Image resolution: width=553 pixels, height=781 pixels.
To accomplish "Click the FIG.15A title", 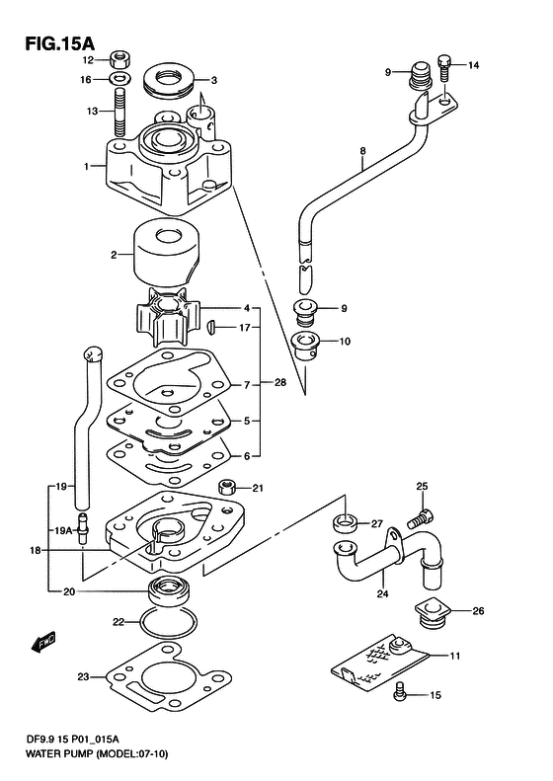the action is pyautogui.click(x=59, y=42).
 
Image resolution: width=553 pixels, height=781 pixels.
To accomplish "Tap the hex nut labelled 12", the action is pyautogui.click(x=119, y=60).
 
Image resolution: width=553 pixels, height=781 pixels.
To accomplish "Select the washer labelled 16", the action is pyautogui.click(x=119, y=79).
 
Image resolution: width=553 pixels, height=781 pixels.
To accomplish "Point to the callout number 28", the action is pyautogui.click(x=280, y=382).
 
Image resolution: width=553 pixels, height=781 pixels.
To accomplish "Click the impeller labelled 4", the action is pyautogui.click(x=167, y=319).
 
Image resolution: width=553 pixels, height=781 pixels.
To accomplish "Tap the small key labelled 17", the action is pyautogui.click(x=210, y=327).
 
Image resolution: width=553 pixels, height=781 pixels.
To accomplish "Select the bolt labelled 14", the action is pyautogui.click(x=444, y=67).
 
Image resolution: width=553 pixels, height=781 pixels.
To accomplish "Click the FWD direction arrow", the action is pyautogui.click(x=43, y=643).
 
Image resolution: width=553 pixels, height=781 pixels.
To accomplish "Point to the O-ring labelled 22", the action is pyautogui.click(x=168, y=623).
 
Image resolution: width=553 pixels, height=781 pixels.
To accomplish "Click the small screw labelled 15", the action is pyautogui.click(x=400, y=694).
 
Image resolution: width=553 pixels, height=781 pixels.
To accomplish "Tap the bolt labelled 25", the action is pyautogui.click(x=421, y=518).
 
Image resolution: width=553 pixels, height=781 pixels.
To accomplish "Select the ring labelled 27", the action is pyautogui.click(x=345, y=523).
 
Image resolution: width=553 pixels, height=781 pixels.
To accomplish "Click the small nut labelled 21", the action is pyautogui.click(x=229, y=486).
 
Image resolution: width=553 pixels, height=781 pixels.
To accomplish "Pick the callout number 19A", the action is pyautogui.click(x=63, y=531).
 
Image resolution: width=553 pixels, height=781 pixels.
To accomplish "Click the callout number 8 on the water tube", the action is pyautogui.click(x=362, y=150).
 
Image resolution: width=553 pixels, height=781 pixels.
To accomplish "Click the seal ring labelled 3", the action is pyautogui.click(x=168, y=80).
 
